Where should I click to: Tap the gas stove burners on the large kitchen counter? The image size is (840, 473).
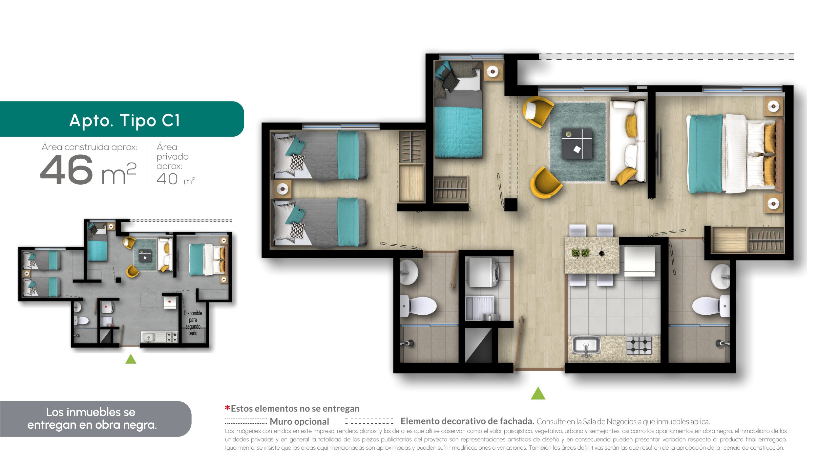point(639,346)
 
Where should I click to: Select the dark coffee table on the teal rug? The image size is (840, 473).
point(577,144)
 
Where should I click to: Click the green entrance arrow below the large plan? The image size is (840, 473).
point(538,393)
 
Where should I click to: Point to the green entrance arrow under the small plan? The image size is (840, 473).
point(131,359)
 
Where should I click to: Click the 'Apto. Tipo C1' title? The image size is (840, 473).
point(125,120)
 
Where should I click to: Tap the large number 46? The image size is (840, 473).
point(67,170)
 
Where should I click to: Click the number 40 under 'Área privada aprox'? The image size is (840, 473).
point(167,179)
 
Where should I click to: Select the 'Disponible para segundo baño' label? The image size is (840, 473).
point(193,323)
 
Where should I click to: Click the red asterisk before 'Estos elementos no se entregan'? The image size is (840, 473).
point(227,408)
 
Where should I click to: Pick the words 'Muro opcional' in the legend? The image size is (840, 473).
point(299,421)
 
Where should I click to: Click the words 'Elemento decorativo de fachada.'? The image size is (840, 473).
point(467,421)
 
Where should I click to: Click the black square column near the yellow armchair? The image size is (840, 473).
point(511,205)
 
